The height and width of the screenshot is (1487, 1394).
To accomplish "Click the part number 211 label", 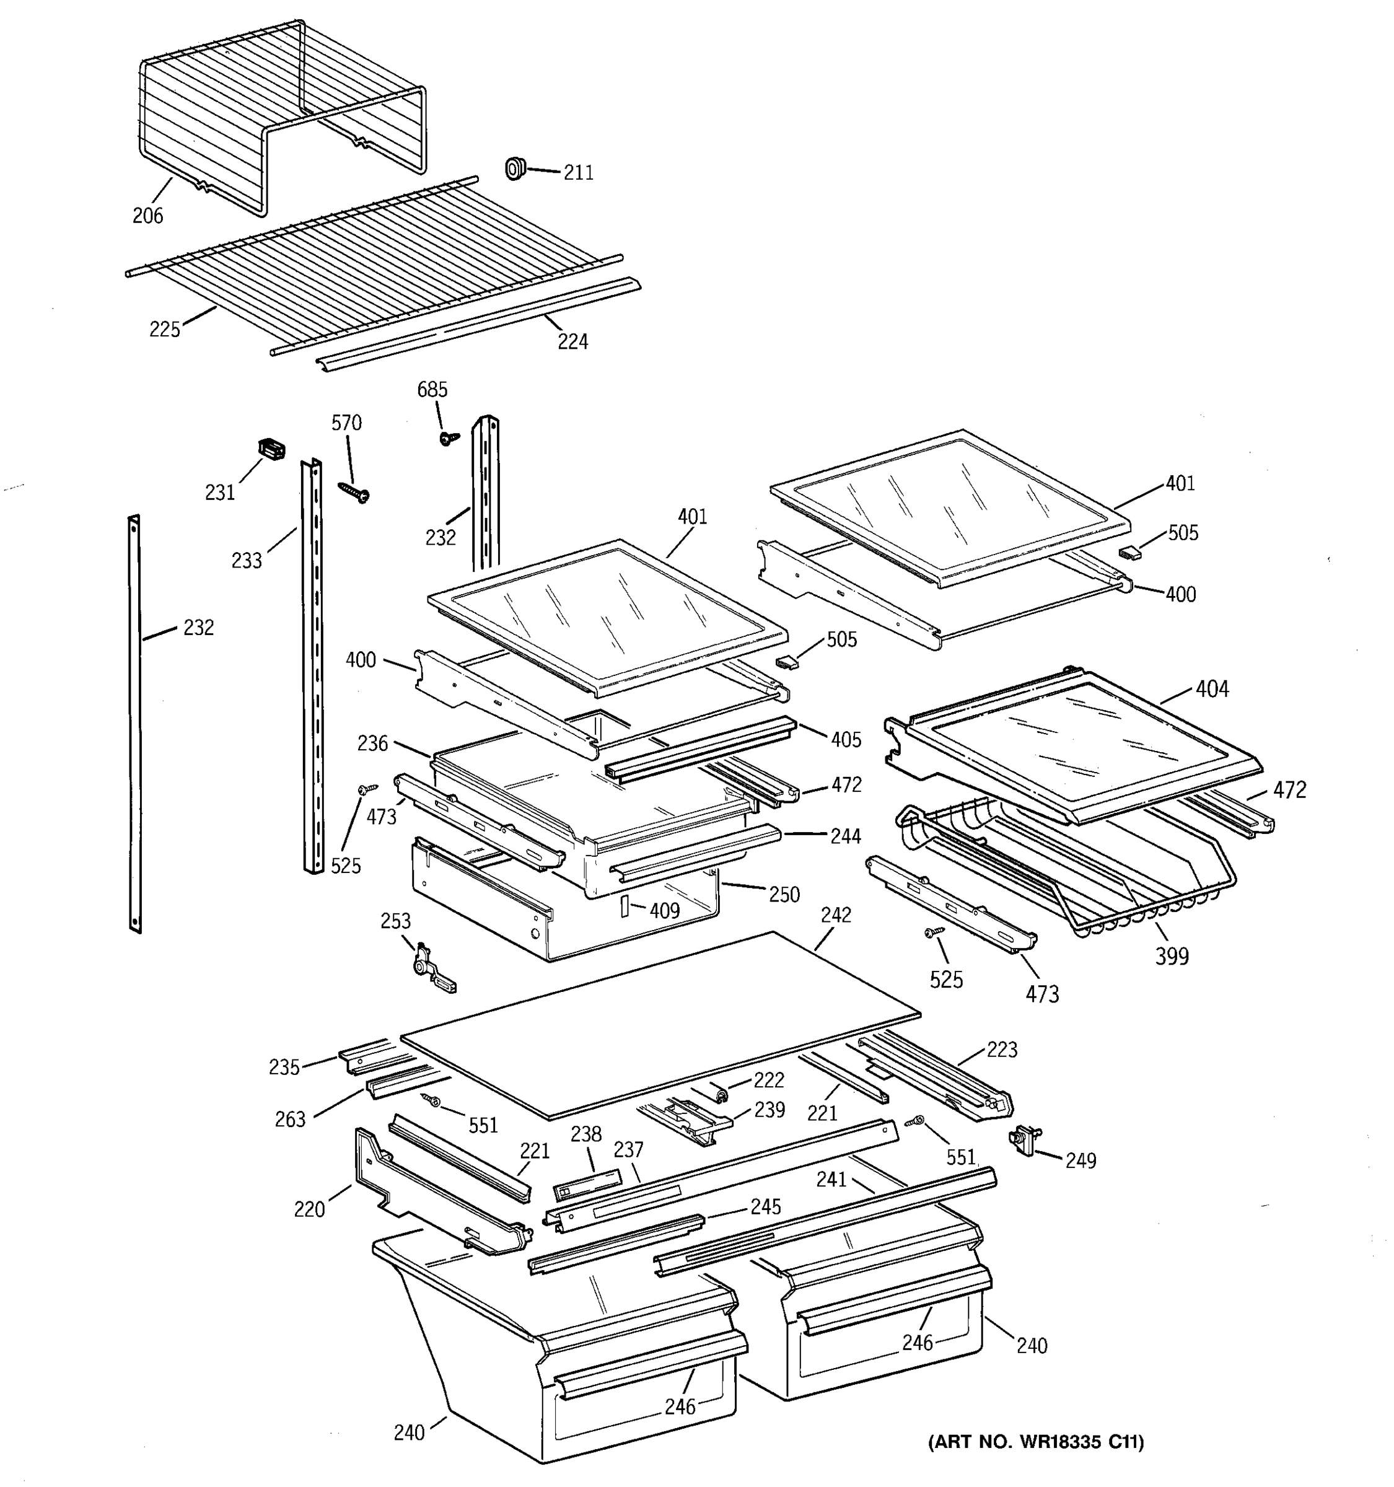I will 578,173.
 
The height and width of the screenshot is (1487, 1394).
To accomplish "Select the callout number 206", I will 147,216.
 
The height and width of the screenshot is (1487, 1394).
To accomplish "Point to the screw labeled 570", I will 354,490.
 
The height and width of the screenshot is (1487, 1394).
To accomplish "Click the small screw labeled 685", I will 448,438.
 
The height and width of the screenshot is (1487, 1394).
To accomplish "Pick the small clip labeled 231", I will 271,450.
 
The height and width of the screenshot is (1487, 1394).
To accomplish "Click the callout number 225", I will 165,329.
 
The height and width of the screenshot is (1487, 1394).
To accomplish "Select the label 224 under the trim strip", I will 573,342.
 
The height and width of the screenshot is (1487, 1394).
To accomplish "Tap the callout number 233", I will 247,560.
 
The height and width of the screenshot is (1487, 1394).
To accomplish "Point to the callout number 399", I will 1171,956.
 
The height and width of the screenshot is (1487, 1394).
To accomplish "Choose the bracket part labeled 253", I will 430,970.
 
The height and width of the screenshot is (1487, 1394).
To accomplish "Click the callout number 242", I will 835,915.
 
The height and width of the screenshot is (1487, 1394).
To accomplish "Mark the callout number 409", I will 664,910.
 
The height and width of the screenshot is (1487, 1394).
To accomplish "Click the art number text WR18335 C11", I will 1036,1443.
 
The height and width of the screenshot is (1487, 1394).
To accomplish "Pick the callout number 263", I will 290,1120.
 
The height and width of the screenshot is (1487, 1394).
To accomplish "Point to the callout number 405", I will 846,740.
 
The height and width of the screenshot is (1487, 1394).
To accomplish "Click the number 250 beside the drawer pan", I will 784,895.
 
